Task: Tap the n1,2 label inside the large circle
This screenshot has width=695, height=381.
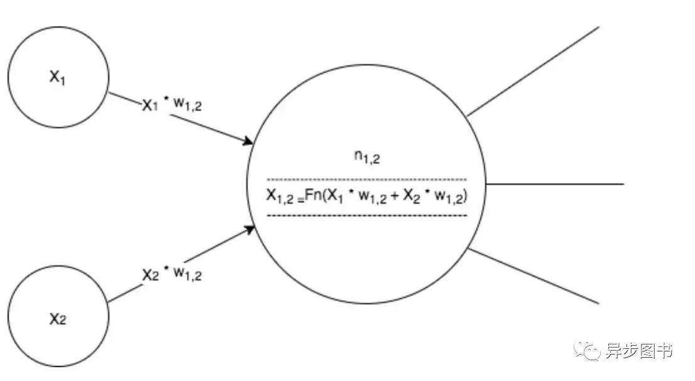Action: pyautogui.click(x=367, y=158)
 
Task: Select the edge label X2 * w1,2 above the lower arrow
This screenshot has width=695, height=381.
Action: pyautogui.click(x=172, y=274)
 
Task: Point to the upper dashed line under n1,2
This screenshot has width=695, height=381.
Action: pyautogui.click(x=367, y=179)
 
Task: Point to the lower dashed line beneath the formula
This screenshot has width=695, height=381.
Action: pyautogui.click(x=367, y=216)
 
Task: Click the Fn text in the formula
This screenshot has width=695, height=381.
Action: pyautogui.click(x=312, y=197)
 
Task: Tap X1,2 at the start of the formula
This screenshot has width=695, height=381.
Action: pyautogui.click(x=280, y=197)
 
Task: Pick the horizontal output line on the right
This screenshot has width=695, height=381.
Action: pyautogui.click(x=555, y=184)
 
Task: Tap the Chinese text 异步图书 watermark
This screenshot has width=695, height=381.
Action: pyautogui.click(x=638, y=351)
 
